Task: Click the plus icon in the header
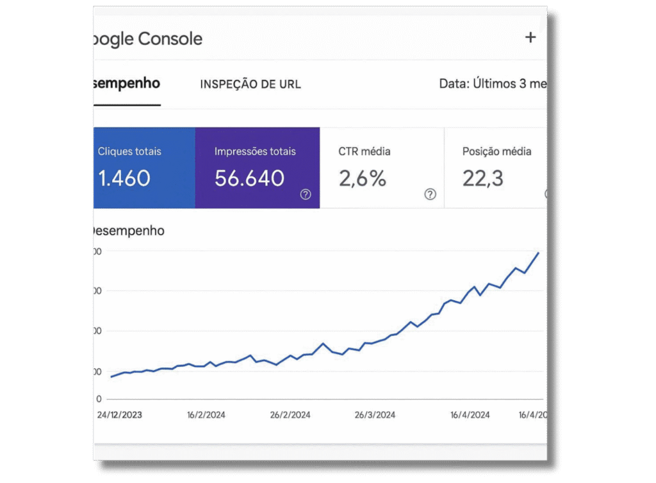530,38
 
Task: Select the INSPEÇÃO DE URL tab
250,84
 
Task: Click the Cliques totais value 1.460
124,178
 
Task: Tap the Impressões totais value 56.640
249,178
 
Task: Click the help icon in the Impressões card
306,194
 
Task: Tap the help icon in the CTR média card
430,194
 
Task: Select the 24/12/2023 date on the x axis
120,415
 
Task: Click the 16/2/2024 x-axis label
207,415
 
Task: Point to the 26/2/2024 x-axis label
290,415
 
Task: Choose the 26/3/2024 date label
375,415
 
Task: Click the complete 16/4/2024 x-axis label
470,415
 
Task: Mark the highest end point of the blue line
539,253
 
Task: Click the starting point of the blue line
111,377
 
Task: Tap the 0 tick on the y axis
99,399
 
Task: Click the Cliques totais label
129,152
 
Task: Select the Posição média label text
496,152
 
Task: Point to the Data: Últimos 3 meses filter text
492,84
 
